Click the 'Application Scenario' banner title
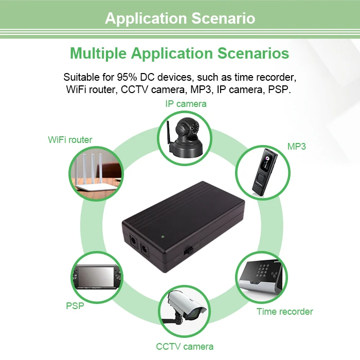point(180,19)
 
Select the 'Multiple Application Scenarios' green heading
point(179,53)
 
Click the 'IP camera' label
point(186,103)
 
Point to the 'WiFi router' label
point(70,139)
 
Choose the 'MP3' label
point(297,146)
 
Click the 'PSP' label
point(75,305)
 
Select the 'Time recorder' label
point(284,311)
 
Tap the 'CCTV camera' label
point(185,346)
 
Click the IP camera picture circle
point(185,136)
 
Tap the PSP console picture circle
point(96,278)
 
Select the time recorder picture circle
point(263,278)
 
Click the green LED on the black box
point(163,237)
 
